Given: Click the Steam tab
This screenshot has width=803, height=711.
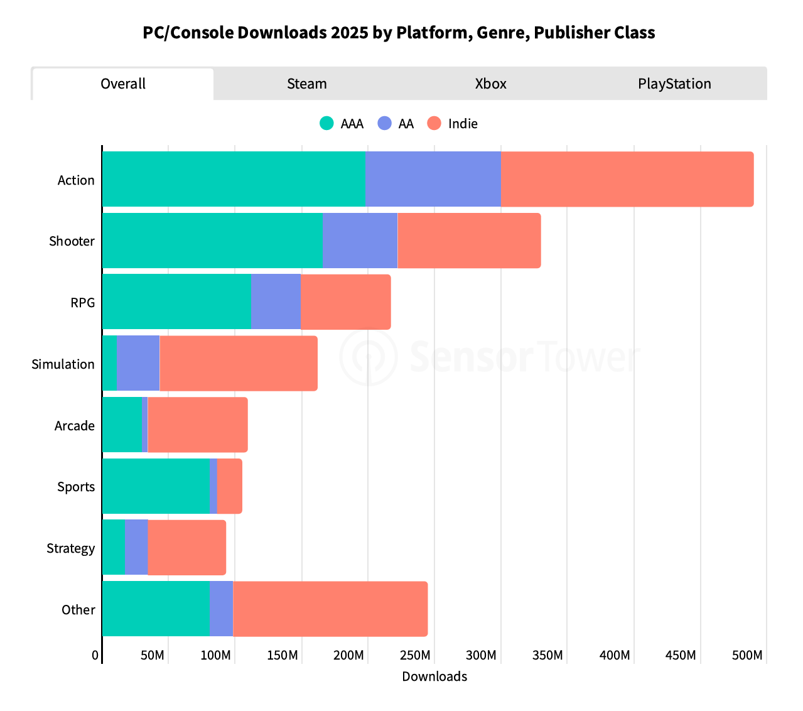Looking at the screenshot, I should pyautogui.click(x=306, y=84).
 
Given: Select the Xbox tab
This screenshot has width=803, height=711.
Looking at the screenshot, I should pyautogui.click(x=490, y=84).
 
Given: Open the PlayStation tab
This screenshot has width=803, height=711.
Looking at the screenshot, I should pyautogui.click(x=674, y=84).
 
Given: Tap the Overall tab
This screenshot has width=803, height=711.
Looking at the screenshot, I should pyautogui.click(x=123, y=84).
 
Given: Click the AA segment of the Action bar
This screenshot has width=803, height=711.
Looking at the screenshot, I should pyautogui.click(x=433, y=179).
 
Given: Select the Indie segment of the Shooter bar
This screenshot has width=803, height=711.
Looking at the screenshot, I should pyautogui.click(x=469, y=241).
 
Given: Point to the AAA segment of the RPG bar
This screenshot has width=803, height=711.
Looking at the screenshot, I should pyautogui.click(x=176, y=301).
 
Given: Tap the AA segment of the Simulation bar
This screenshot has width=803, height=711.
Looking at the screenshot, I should pyautogui.click(x=137, y=363).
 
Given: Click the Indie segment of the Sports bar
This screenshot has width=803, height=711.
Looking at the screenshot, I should pyautogui.click(x=229, y=486).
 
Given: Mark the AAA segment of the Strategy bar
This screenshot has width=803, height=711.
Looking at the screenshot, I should pyautogui.click(x=114, y=547).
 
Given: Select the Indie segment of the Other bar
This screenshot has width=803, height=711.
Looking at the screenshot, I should pyautogui.click(x=330, y=609).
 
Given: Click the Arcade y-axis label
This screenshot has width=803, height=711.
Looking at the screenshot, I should pyautogui.click(x=75, y=426).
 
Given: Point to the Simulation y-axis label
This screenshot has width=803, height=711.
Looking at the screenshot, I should pyautogui.click(x=63, y=364).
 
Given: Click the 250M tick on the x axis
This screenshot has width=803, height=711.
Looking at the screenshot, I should pyautogui.click(x=415, y=656).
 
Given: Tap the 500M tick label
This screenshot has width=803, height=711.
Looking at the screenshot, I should pyautogui.click(x=746, y=656).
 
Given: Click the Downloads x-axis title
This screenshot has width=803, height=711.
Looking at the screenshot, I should pyautogui.click(x=434, y=676).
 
